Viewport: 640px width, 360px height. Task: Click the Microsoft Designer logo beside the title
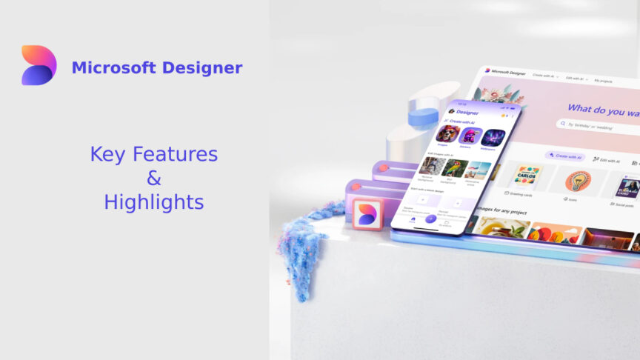39,65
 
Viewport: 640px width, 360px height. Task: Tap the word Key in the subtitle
107,154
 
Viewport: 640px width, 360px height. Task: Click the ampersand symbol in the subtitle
154,178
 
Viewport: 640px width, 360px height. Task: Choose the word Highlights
154,201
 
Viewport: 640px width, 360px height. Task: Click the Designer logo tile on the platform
367,214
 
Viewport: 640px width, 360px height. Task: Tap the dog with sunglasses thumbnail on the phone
447,133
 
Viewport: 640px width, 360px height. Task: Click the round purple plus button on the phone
430,219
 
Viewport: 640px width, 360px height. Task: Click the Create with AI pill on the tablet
564,157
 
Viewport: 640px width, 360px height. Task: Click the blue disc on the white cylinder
423,116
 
